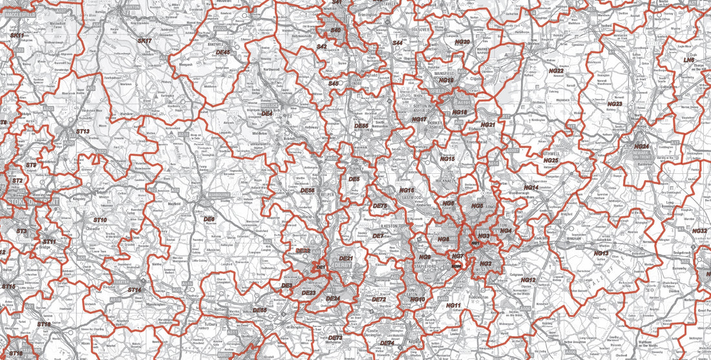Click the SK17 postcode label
tap(144, 41)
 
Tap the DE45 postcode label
tap(224, 52)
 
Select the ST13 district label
tap(82, 131)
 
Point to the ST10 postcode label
tap(100, 220)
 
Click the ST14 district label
tap(134, 290)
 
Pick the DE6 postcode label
tap(209, 219)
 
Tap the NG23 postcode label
tap(615, 103)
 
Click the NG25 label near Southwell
tap(551, 160)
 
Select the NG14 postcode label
tap(531, 187)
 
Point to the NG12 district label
tap(528, 280)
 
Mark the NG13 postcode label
tap(601, 253)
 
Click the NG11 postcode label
tap(453, 305)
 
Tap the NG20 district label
tap(462, 41)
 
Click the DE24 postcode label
tap(332, 299)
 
